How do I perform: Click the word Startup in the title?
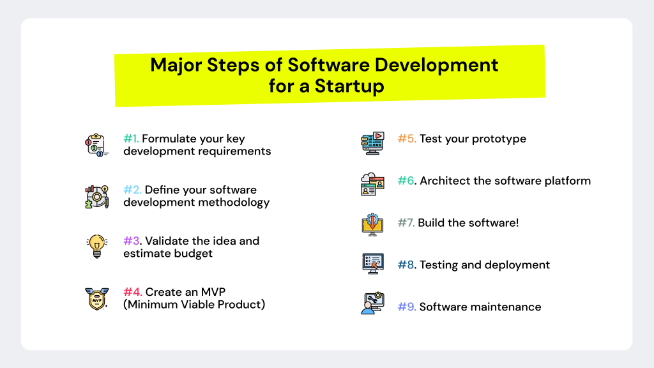349,86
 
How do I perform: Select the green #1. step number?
131,139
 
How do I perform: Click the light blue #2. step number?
132,190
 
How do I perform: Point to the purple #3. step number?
132,241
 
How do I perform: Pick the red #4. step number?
132,292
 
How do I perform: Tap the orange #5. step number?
407,139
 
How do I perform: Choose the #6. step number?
407,181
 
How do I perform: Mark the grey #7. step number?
406,223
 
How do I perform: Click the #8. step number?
407,264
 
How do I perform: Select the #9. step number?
407,307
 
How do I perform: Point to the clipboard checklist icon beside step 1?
96,145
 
